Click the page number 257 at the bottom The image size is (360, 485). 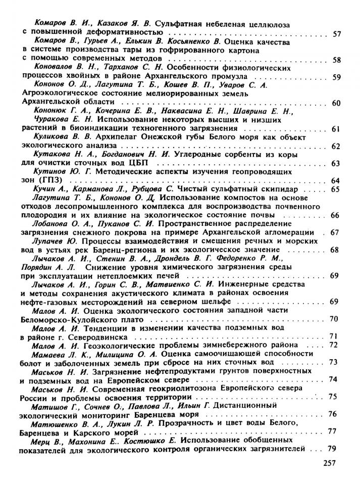tap(328, 462)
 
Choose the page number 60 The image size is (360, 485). tap(337, 103)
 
